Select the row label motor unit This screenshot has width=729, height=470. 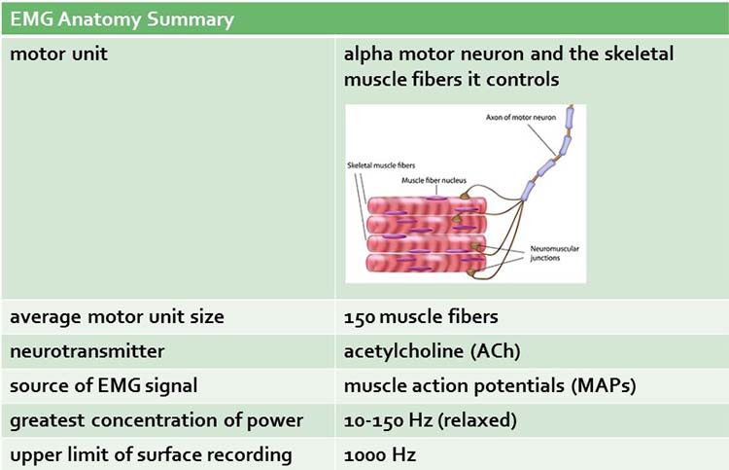(58, 54)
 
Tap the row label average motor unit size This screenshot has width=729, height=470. (117, 316)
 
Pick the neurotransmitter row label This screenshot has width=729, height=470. (87, 350)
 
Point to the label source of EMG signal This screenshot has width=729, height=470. (104, 385)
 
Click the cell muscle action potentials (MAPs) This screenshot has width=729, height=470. (489, 385)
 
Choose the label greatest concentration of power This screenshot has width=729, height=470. (156, 420)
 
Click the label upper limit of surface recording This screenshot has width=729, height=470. (150, 454)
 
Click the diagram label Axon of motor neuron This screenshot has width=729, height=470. (524, 118)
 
